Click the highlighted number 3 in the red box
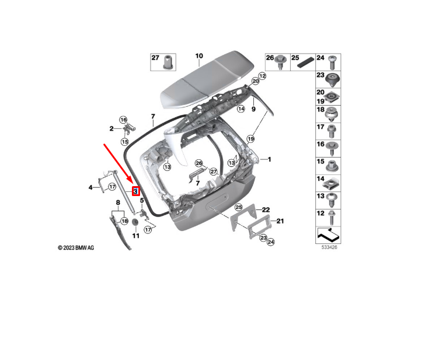(135, 191)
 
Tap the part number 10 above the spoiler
(199, 57)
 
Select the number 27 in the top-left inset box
(155, 58)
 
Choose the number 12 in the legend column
(320, 214)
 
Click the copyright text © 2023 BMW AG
(76, 248)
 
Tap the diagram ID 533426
(329, 247)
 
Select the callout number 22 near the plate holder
(266, 209)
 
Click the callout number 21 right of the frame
(280, 221)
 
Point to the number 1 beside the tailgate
(270, 159)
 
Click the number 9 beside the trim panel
(254, 109)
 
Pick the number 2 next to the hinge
(111, 128)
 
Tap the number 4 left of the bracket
(90, 187)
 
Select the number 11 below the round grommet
(135, 236)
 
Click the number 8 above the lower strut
(117, 202)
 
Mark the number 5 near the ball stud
(141, 201)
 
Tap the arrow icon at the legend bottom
(328, 235)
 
